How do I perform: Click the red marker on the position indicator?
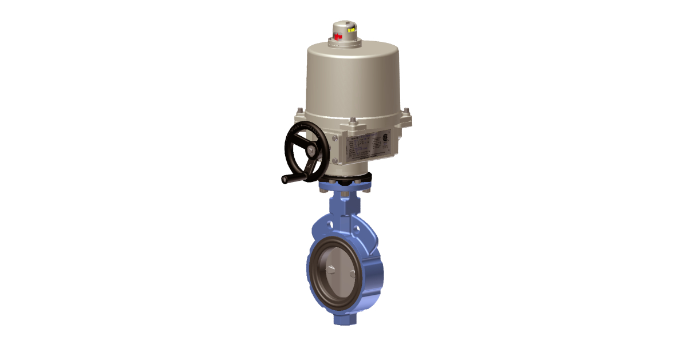pos(338,37)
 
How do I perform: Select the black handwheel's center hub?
pos(310,150)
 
